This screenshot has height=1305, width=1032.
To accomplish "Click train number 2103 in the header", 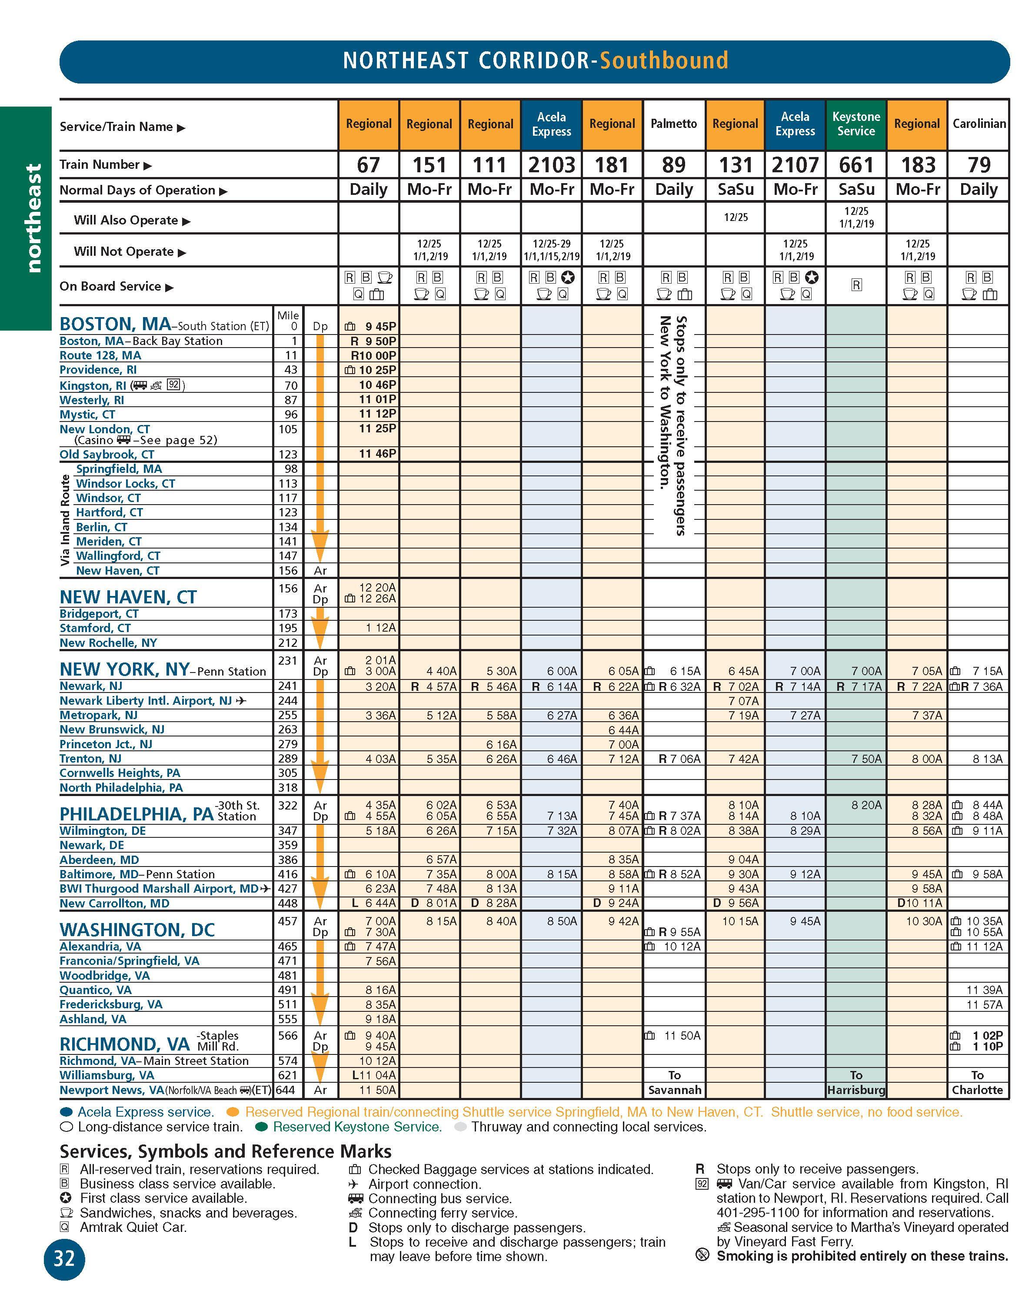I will pos(551,164).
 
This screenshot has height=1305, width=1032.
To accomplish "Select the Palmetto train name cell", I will pos(674,124).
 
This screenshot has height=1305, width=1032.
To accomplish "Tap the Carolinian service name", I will pos(979,124).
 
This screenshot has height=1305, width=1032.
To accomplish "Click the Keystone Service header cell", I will pos(856,124).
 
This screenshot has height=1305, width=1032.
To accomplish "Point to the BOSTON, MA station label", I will pos(115,324).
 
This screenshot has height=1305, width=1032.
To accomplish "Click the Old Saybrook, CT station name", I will pos(107,455).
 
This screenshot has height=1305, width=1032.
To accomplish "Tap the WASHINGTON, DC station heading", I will pos(137,929).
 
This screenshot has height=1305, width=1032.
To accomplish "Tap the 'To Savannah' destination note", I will pos(674,1083).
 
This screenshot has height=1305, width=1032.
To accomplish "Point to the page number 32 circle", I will pos(64,1258).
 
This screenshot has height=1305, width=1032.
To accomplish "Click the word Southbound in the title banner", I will pos(664,60).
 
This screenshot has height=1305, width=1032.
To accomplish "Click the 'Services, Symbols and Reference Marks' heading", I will pos(225,1151).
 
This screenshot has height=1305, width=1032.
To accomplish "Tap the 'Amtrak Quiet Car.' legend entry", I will pos(133,1227).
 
